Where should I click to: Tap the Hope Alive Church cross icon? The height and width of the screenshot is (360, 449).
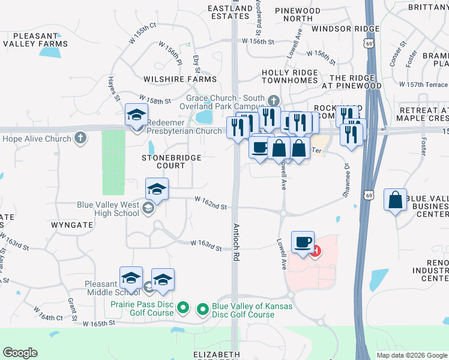80,139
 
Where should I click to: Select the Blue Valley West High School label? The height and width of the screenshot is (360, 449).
108,209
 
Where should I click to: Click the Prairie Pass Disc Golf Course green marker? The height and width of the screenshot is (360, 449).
184,310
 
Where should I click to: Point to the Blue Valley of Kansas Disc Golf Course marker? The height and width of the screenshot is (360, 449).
203,310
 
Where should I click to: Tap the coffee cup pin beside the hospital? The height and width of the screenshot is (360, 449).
303,242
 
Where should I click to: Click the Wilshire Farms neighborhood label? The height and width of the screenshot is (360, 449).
180,79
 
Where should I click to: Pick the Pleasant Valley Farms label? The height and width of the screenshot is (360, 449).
35,40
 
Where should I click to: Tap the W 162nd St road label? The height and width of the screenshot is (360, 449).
211,206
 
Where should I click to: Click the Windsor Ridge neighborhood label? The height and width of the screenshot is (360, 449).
345,29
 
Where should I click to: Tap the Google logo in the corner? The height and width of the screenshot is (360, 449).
20,353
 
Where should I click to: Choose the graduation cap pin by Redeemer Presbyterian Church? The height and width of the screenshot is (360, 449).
136,114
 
